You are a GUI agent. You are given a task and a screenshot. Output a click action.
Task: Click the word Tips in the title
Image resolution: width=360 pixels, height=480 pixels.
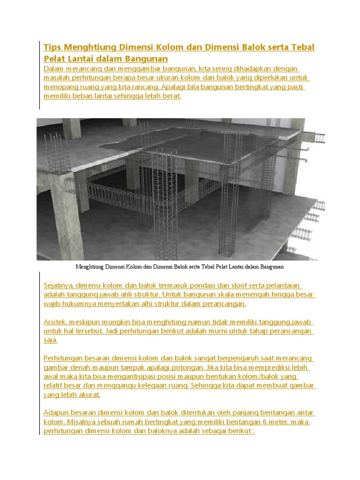tap(52, 47)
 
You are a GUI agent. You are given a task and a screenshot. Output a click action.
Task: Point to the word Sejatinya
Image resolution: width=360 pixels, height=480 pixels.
tap(59, 285)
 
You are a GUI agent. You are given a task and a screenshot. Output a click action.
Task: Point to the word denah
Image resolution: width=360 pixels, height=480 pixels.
tap(82, 367)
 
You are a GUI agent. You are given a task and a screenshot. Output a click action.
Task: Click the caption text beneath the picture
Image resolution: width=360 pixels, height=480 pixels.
tap(180, 267)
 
